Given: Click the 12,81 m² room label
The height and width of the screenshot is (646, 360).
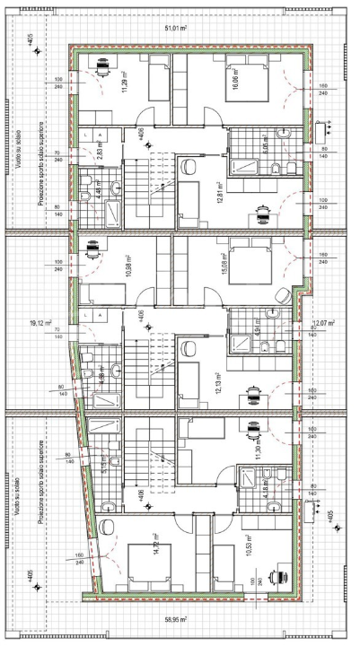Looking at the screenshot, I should pyautogui.click(x=221, y=191).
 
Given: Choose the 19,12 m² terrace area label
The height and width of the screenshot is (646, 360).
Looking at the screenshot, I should pyautogui.click(x=40, y=322).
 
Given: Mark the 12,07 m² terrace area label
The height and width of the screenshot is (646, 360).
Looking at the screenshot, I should pyautogui.click(x=322, y=322).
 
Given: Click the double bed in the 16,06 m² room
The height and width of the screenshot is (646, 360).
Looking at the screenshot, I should pyautogui.click(x=241, y=73).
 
